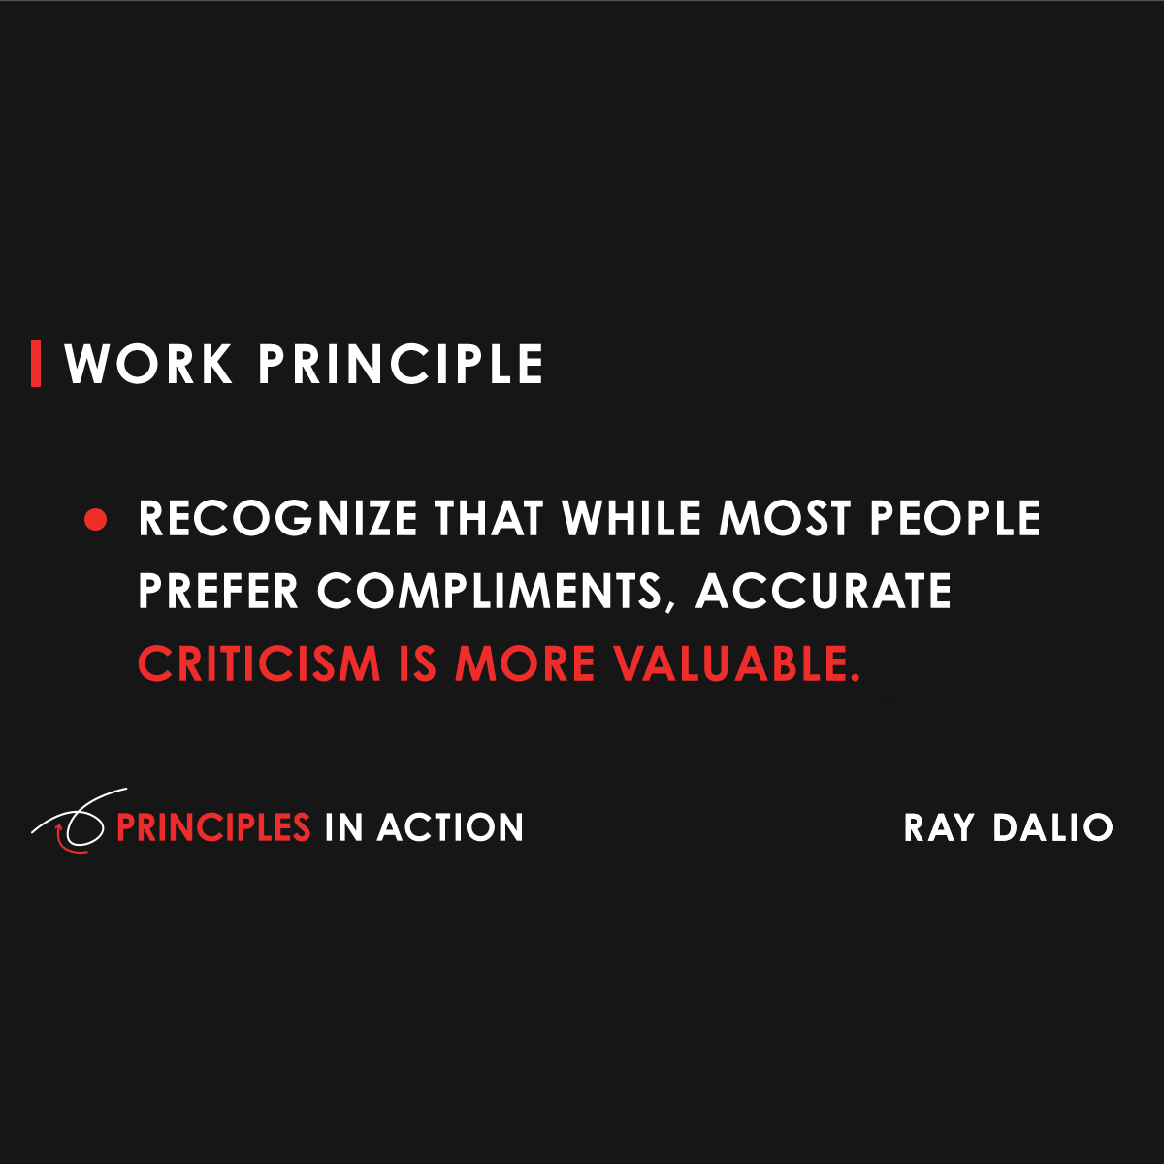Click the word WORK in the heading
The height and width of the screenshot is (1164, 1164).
click(148, 365)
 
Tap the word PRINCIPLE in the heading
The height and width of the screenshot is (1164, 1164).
click(401, 365)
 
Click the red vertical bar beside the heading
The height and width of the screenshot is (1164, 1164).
click(36, 364)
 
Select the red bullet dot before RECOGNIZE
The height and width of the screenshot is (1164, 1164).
click(95, 520)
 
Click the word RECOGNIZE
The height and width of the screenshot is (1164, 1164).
click(277, 519)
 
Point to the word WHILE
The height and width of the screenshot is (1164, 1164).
click(633, 519)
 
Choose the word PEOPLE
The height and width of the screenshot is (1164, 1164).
click(954, 519)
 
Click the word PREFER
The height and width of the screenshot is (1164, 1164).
click(218, 591)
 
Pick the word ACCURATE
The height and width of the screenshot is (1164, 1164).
click(824, 591)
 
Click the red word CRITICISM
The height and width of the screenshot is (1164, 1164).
click(259, 663)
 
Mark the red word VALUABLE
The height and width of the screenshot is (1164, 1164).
click(737, 663)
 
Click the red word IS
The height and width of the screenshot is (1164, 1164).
click(418, 663)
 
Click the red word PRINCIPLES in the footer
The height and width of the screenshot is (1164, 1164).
click(213, 827)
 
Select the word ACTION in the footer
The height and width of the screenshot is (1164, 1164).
click(450, 827)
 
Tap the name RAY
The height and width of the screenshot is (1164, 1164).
click(939, 827)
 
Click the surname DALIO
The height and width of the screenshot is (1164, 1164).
click(1052, 827)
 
